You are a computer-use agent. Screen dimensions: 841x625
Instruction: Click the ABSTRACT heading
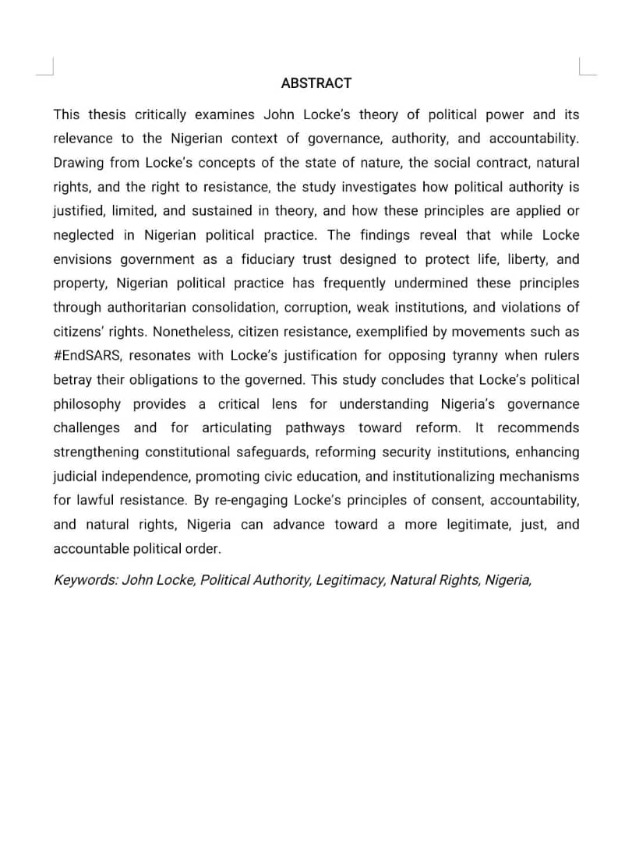pos(316,83)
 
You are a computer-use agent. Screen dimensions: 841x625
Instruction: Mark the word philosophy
pos(87,404)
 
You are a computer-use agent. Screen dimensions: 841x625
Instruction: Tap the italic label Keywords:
pos(86,580)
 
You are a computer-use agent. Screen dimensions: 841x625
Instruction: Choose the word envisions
pos(82,259)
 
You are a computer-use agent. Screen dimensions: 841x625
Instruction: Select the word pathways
pos(315,428)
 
